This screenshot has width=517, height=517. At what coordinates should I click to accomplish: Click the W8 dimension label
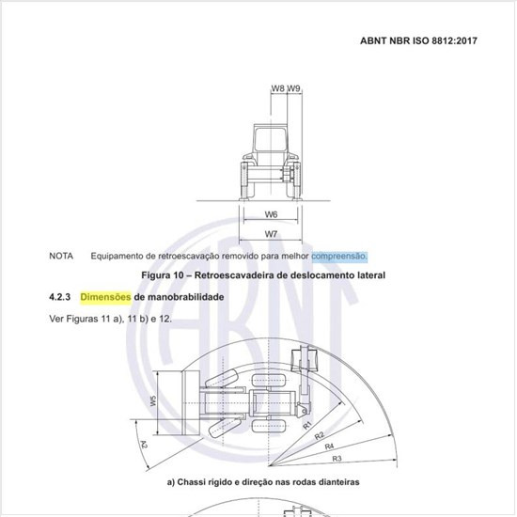(x=277, y=88)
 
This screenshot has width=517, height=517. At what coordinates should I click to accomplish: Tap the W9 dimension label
(x=293, y=88)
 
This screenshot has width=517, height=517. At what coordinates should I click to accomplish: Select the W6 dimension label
(x=271, y=214)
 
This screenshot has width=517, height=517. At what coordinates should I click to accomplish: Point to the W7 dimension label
(x=271, y=234)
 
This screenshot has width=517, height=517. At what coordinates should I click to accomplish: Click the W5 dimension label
(x=153, y=400)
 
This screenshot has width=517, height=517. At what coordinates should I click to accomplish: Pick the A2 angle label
(x=144, y=445)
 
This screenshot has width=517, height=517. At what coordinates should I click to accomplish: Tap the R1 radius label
(x=307, y=425)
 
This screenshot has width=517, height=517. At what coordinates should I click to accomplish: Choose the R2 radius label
(x=320, y=436)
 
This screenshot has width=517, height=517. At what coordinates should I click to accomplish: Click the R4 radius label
(x=329, y=446)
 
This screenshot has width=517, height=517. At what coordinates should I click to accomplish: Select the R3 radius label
(x=337, y=459)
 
